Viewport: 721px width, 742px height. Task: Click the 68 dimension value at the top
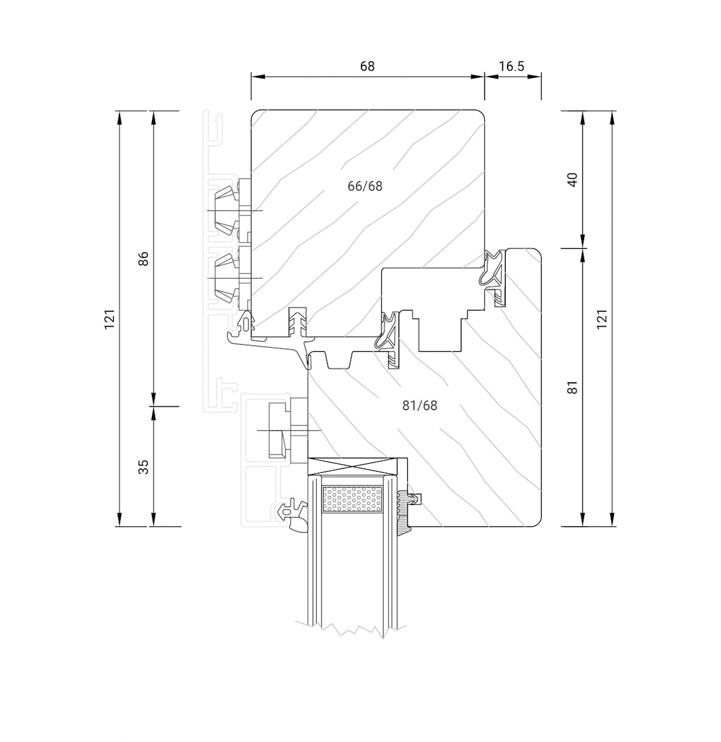(367, 66)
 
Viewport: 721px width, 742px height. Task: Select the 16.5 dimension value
(512, 66)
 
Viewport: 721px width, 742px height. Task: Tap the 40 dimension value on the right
(573, 179)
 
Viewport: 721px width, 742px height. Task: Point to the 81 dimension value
(573, 387)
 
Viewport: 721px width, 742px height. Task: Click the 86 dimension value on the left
(143, 259)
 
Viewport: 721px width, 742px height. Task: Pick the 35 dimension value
(143, 467)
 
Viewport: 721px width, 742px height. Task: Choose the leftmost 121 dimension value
(109, 319)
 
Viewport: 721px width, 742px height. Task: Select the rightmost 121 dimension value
(601, 319)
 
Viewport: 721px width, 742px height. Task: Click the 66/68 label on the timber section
(365, 186)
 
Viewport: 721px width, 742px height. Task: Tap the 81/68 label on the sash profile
(420, 405)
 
